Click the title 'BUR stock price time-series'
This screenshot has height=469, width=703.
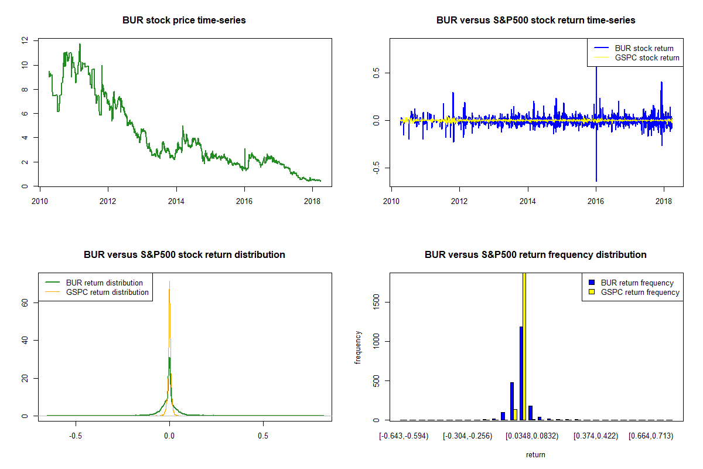184,21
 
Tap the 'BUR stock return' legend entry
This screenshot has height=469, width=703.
644,48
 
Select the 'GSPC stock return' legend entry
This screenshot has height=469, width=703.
647,57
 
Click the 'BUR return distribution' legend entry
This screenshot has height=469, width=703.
104,283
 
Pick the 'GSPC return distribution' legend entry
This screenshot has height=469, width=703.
107,292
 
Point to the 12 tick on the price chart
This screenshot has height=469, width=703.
24,40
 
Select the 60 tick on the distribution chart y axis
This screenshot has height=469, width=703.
24,302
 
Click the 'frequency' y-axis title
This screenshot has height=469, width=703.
358,347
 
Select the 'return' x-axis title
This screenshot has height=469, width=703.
535,454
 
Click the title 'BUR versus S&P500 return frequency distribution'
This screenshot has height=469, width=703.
535,255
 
